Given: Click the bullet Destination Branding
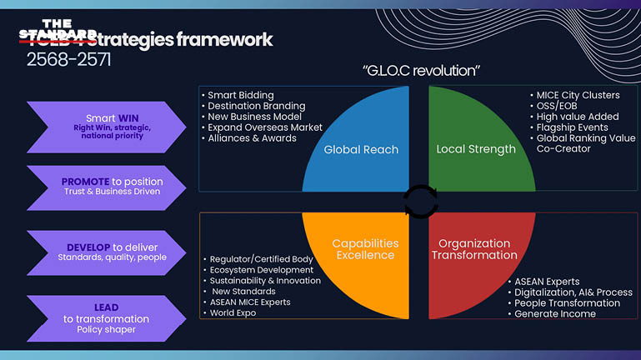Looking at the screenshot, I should pos(256,106).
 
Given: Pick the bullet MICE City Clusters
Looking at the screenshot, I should pos(578,95).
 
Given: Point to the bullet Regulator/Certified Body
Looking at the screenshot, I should pos(261,259).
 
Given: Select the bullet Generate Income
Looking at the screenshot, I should pos(555,314).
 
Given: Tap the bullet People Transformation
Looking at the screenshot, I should pos(567,303).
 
